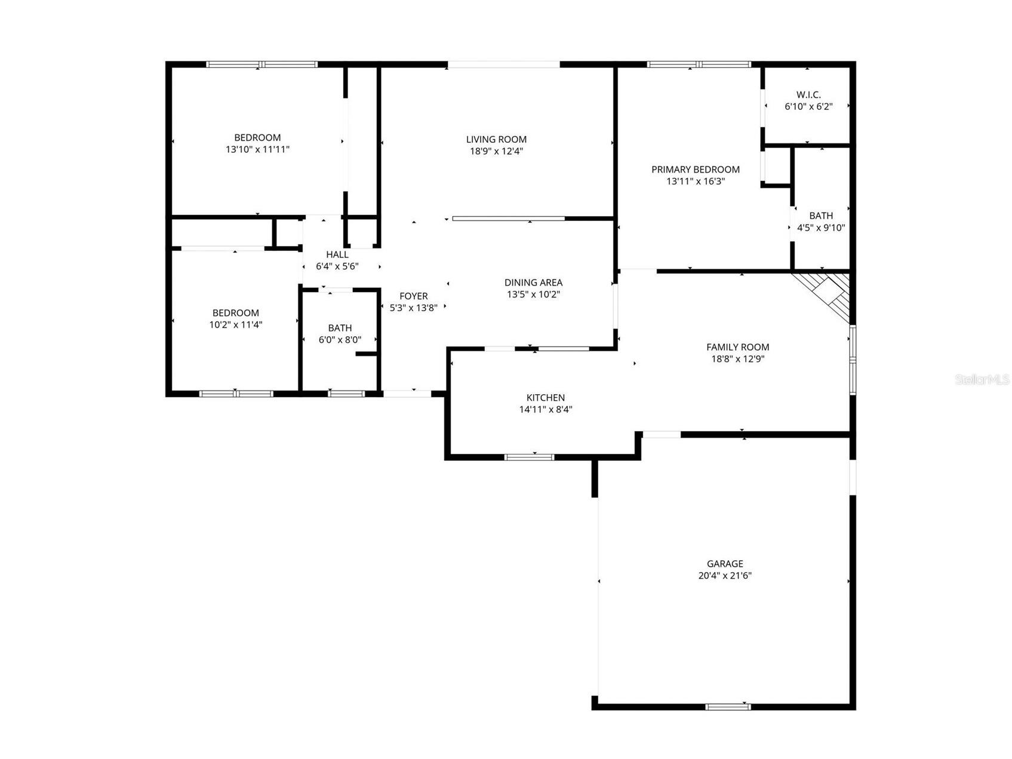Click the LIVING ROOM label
click(x=496, y=139)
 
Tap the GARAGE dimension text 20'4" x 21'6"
click(x=725, y=576)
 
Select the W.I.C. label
click(x=808, y=94)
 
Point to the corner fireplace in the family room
click(x=827, y=293)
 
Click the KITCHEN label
click(x=545, y=398)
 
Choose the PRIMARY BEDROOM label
click(x=695, y=170)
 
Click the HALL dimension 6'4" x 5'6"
click(x=337, y=266)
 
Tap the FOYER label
click(x=413, y=296)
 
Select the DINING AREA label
click(x=533, y=282)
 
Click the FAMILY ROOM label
click(x=737, y=347)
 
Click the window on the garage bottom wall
click(x=727, y=706)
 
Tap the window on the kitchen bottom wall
click(x=529, y=457)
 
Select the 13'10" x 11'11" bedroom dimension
click(x=257, y=149)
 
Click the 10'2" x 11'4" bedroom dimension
click(x=235, y=325)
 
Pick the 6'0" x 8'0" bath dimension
click(x=340, y=340)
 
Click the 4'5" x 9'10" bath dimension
click(x=821, y=228)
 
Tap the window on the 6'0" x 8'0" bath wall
click(x=346, y=394)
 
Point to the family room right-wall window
click(x=853, y=359)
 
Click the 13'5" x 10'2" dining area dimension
click(x=533, y=294)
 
